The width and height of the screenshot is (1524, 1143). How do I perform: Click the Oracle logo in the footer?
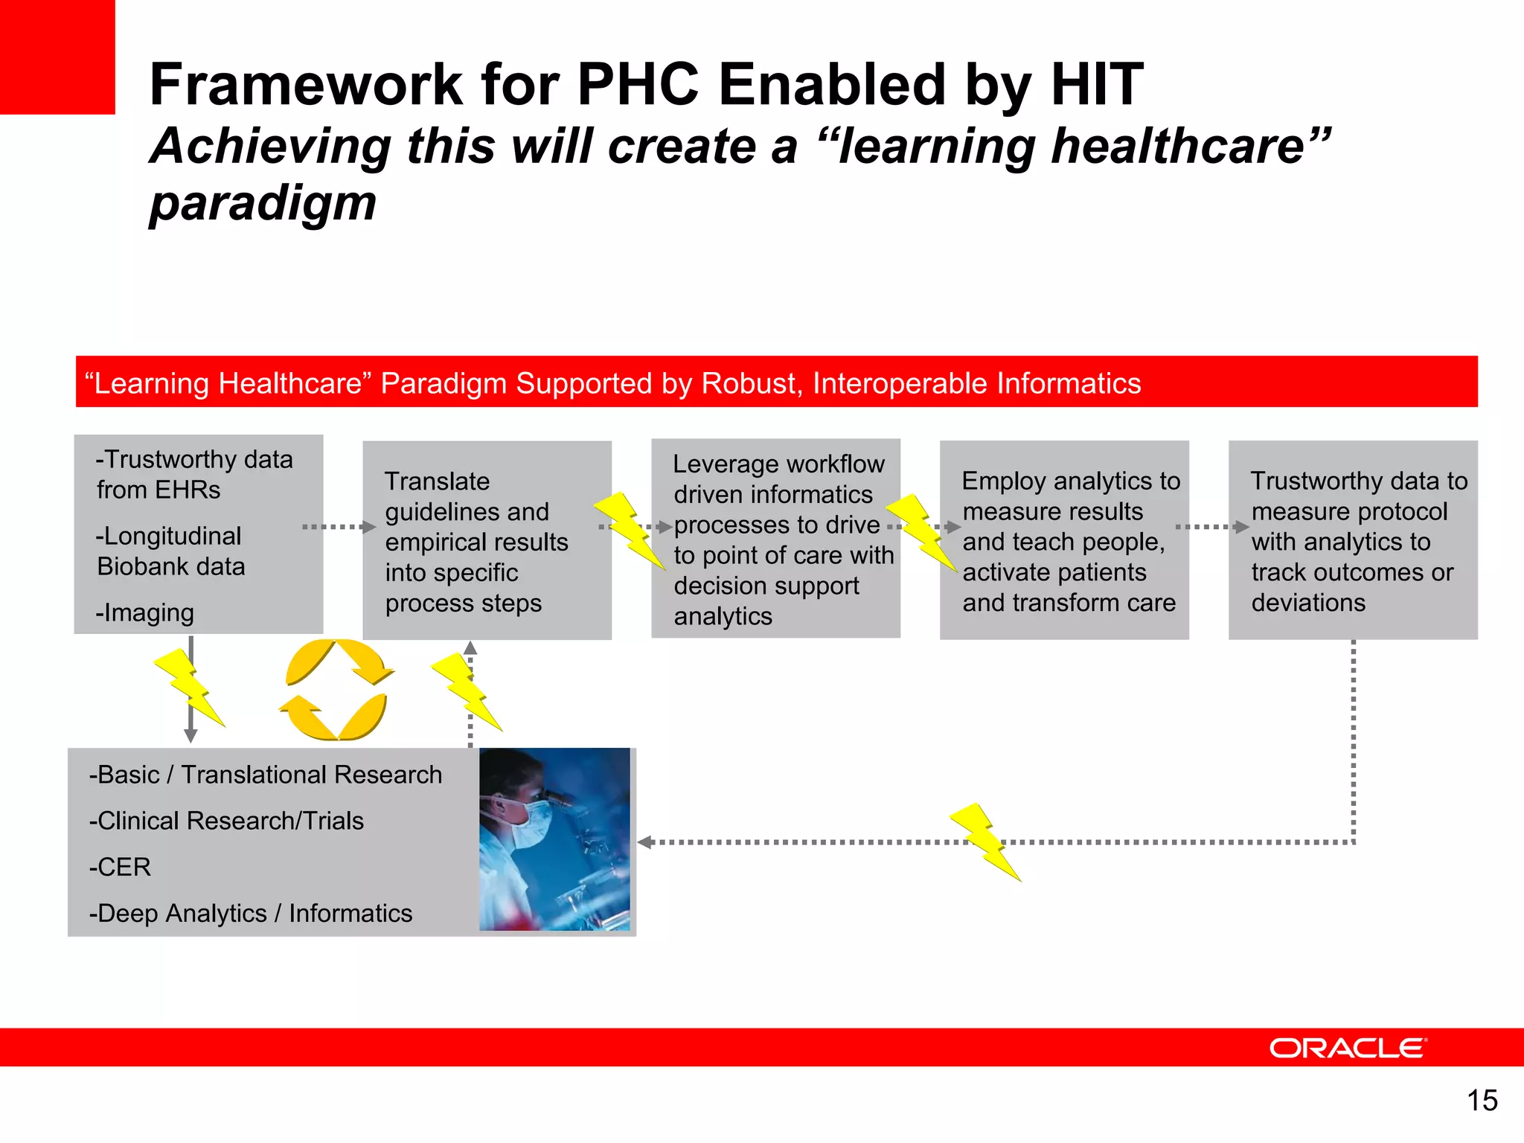(x=1347, y=1048)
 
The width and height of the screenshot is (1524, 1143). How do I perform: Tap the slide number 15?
(x=1482, y=1100)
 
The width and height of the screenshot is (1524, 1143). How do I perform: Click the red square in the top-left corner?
(x=57, y=57)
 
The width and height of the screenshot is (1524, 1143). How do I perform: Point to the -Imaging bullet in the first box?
(x=145, y=612)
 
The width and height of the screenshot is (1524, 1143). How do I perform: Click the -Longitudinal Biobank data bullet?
(x=170, y=551)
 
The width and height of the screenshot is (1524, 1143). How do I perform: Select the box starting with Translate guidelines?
(x=487, y=541)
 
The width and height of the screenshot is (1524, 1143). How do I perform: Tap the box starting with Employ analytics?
(x=1064, y=541)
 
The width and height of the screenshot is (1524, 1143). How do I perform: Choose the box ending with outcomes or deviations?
(x=1352, y=541)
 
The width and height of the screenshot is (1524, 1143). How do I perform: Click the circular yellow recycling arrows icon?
(x=336, y=689)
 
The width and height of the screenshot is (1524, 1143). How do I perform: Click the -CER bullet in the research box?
(x=121, y=867)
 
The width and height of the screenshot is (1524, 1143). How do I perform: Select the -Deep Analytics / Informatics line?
(x=251, y=913)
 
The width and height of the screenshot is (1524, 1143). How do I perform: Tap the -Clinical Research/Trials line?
(x=226, y=821)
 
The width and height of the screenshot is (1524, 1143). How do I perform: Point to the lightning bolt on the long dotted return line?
(x=984, y=842)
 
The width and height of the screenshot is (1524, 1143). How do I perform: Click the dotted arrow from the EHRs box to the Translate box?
(x=339, y=527)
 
